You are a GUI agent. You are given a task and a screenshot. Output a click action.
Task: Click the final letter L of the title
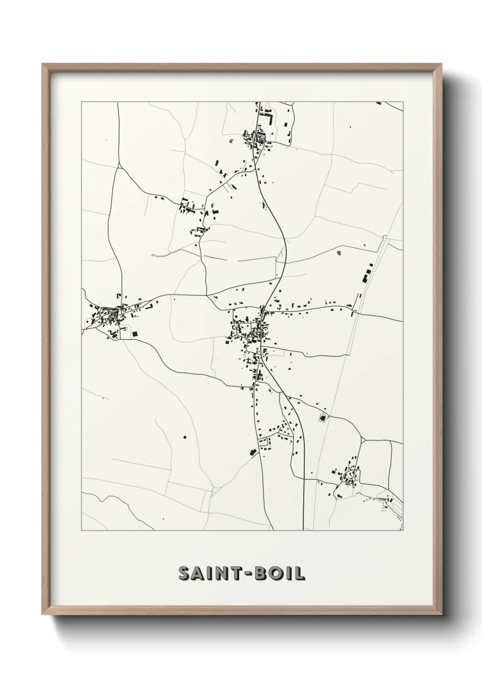pos(300,573)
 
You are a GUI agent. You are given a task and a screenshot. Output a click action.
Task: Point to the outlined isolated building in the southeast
pos(323,417)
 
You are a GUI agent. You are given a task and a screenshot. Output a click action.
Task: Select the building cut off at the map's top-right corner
pos(379,103)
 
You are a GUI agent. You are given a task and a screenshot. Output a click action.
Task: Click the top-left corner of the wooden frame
pos(42,64)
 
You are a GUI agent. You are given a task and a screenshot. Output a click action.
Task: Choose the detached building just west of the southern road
pos(251,452)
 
